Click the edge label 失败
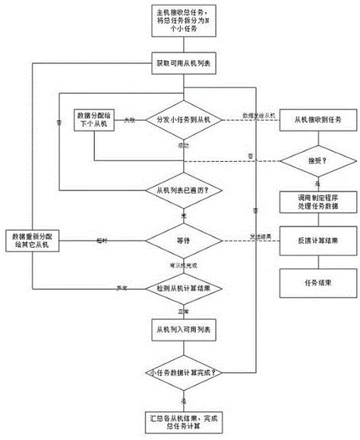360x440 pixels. [x=130, y=120]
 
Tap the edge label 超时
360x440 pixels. [x=101, y=240]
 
